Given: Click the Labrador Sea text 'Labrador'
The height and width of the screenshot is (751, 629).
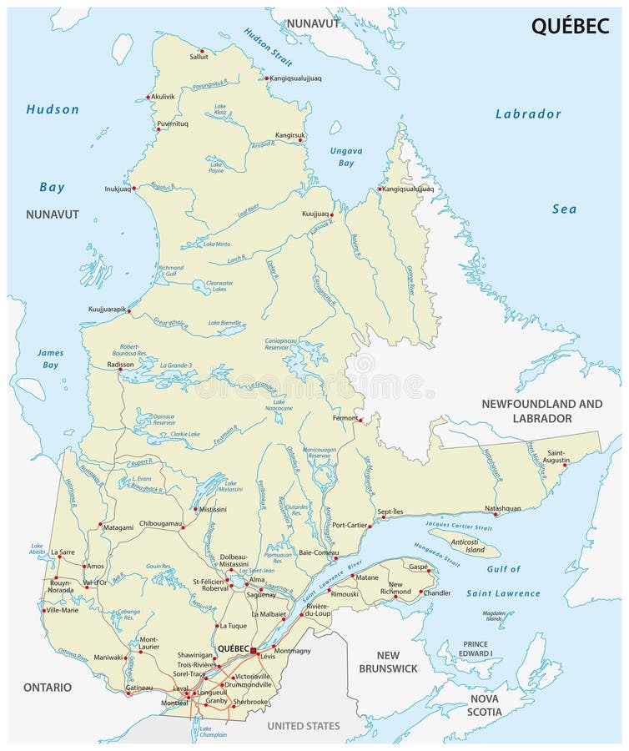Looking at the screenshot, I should [528, 113].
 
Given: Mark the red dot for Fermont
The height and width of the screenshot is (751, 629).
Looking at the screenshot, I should [360, 419].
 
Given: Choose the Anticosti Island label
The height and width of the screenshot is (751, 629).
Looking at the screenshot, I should [463, 545].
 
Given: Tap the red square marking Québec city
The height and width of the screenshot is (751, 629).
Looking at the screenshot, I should [253, 649].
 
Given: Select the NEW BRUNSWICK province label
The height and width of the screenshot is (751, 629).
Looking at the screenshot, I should [387, 662].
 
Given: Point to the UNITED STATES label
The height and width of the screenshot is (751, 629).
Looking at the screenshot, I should [304, 726].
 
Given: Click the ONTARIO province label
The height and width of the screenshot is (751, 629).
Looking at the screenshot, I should [36, 687].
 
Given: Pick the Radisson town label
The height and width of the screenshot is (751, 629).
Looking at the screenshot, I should [120, 364].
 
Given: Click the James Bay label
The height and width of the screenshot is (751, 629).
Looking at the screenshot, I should [49, 359].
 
